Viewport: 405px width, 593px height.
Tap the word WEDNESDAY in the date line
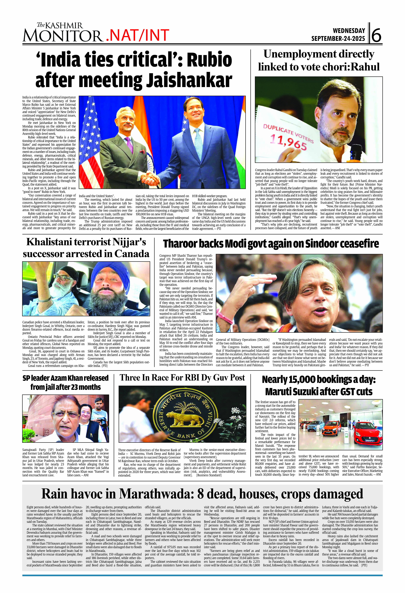349,31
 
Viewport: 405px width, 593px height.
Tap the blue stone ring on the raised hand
253,276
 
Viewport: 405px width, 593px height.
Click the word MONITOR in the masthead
63,36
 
